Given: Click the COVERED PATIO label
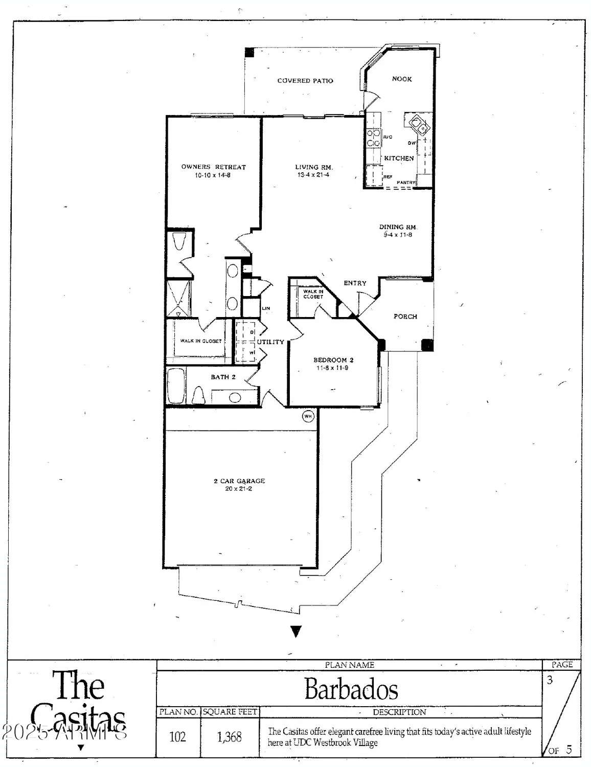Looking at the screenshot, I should [x=305, y=81].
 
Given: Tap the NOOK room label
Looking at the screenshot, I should [x=402, y=79].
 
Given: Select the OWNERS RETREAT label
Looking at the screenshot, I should [x=213, y=167].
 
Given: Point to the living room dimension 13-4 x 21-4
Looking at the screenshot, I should [x=313, y=175].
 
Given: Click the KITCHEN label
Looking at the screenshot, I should [x=399, y=159].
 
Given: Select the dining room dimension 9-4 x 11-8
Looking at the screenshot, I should [x=398, y=235].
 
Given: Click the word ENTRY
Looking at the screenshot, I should [x=355, y=283].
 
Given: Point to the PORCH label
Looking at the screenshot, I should [x=405, y=317].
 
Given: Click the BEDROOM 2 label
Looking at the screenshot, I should [x=333, y=360].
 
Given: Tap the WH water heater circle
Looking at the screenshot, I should [x=308, y=416].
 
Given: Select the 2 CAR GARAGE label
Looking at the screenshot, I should [x=239, y=481].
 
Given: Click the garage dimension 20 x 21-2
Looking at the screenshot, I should [x=239, y=489].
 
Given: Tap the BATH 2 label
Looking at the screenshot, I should [x=223, y=377].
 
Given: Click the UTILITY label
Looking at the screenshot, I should [x=270, y=342].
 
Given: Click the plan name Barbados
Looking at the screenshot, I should [x=351, y=689].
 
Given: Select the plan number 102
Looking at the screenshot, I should [x=177, y=737].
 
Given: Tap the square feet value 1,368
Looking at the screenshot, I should [x=229, y=737].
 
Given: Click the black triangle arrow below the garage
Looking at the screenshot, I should [x=296, y=631].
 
